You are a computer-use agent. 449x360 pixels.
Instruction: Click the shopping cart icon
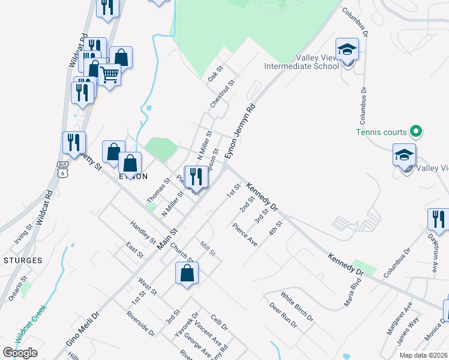(x=109, y=74)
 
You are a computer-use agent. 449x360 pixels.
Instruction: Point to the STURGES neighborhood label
(x=22, y=260)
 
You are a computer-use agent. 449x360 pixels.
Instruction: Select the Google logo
(x=20, y=353)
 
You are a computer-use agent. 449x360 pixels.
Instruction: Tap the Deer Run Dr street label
(x=283, y=316)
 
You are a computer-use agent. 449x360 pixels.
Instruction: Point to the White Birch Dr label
(x=297, y=306)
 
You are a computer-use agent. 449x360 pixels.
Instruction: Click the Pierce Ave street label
(x=245, y=235)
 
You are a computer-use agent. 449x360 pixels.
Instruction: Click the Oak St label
(x=215, y=76)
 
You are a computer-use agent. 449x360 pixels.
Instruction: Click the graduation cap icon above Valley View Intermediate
(x=347, y=49)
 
